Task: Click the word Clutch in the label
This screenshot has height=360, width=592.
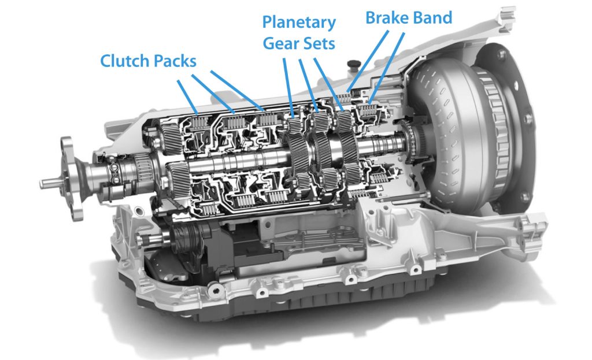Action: [x=123, y=61]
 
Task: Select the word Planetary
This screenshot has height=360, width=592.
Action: [x=298, y=23]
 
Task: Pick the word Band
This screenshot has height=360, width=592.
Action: [x=431, y=17]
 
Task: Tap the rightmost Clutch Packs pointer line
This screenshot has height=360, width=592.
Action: [x=236, y=90]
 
